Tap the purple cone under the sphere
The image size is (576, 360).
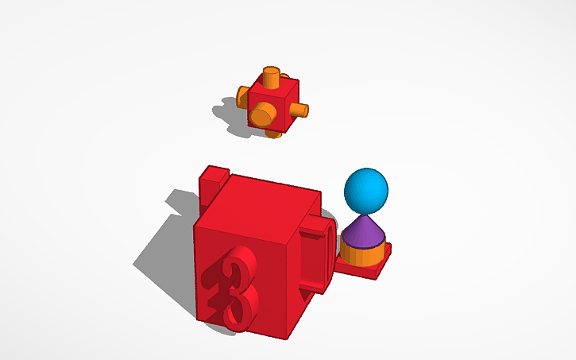pyautogui.click(x=365, y=233)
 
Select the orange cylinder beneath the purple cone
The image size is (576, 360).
pyautogui.click(x=364, y=256)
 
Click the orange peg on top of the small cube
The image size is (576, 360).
pyautogui.click(x=272, y=78)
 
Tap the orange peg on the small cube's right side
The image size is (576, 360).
pyautogui.click(x=300, y=109)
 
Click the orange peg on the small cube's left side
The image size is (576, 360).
pyautogui.click(x=244, y=98)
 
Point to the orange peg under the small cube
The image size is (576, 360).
pyautogui.click(x=274, y=132)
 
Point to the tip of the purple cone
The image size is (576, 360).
pyautogui.click(x=365, y=217)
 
